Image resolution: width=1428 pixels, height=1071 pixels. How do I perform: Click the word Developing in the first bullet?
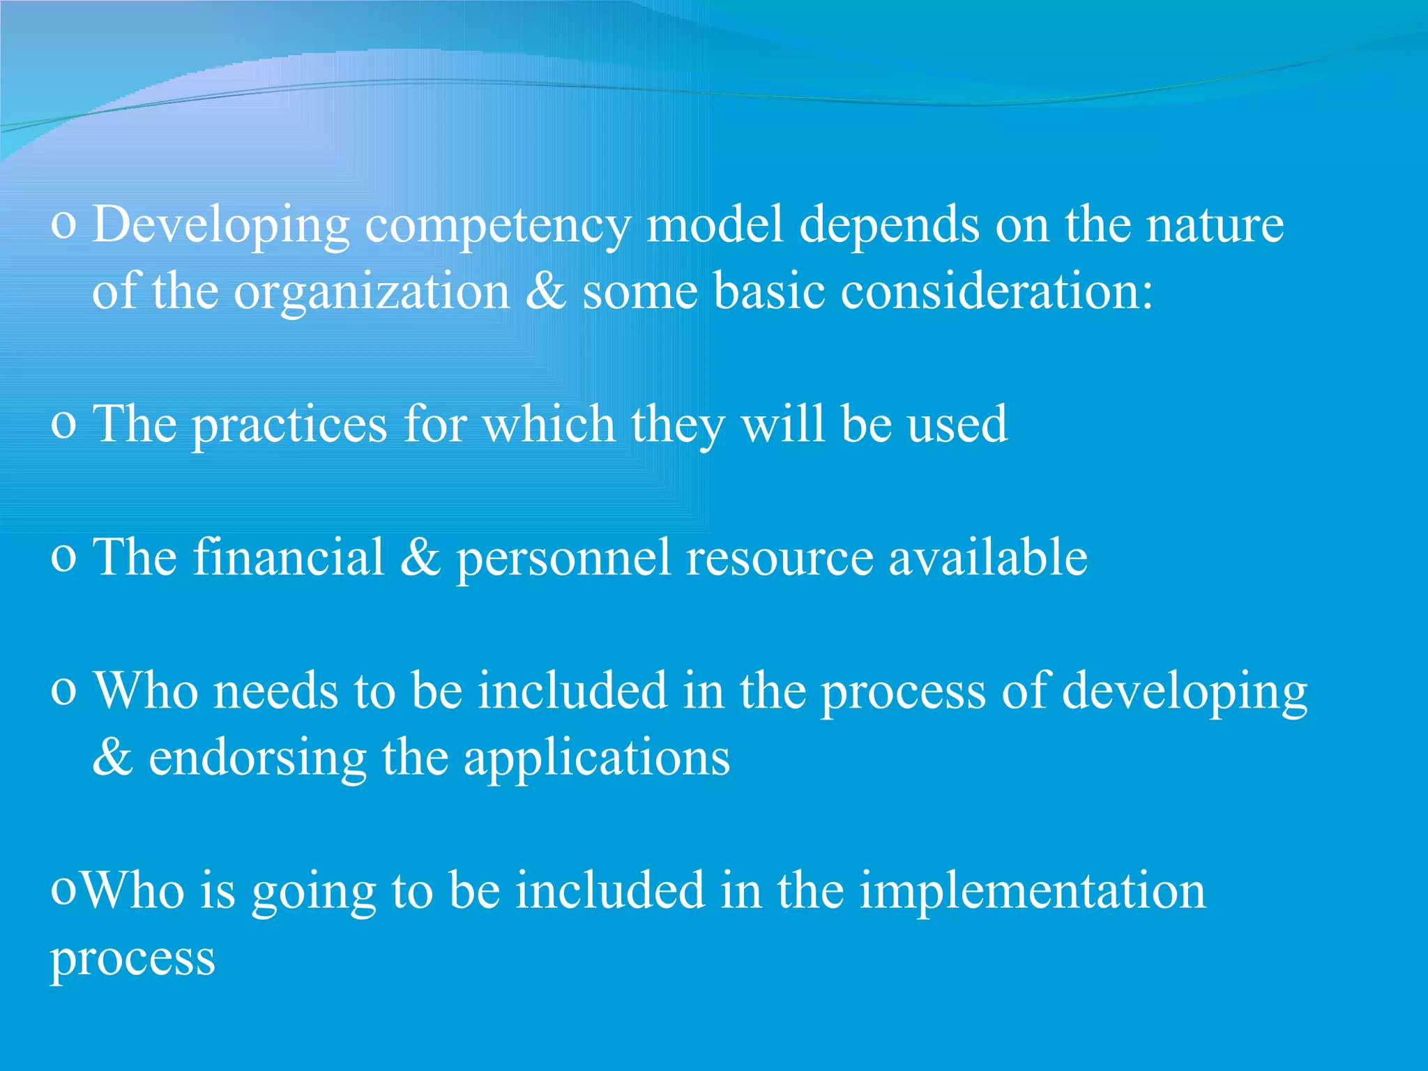[x=220, y=226]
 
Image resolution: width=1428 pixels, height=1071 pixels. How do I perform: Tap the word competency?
[x=498, y=226]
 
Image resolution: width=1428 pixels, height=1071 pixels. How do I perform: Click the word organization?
[x=371, y=291]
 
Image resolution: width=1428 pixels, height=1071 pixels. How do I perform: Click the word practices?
[x=289, y=425]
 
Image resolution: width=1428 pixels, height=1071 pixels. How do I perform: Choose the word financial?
[x=289, y=557]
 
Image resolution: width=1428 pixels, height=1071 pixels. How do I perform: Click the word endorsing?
[x=257, y=759]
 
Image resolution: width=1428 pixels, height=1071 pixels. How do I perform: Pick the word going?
[x=313, y=892]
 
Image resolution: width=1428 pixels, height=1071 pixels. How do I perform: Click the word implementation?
[x=1032, y=892]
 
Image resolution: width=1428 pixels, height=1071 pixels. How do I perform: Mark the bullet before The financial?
[x=63, y=559]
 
